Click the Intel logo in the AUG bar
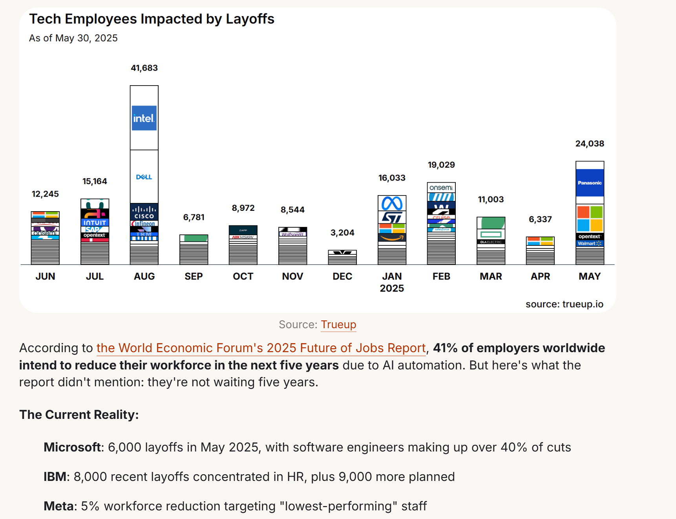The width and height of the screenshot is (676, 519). click(144, 118)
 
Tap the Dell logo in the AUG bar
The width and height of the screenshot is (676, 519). click(144, 177)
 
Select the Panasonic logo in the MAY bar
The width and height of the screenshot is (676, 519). click(590, 183)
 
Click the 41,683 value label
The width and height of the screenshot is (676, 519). click(144, 68)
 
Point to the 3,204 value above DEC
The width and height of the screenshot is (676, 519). click(342, 233)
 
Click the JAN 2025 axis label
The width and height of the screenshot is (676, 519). click(392, 282)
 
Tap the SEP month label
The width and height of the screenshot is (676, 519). click(194, 276)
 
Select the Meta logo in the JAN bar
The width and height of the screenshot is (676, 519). click(392, 203)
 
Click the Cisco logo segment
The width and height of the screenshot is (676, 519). click(144, 212)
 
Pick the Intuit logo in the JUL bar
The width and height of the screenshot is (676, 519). click(95, 223)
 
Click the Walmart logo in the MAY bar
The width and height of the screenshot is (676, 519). click(590, 243)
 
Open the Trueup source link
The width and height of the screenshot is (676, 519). click(338, 325)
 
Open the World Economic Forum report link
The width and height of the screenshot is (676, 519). click(261, 348)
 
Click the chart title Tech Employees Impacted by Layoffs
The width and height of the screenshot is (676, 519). click(152, 19)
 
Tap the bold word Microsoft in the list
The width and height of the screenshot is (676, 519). click(72, 447)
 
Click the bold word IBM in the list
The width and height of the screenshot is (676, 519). click(55, 477)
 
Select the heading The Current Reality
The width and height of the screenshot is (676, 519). click(79, 415)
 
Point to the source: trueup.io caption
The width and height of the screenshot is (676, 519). click(564, 304)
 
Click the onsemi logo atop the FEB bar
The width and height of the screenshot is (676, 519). click(441, 188)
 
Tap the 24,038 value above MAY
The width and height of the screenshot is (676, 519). click(590, 144)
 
